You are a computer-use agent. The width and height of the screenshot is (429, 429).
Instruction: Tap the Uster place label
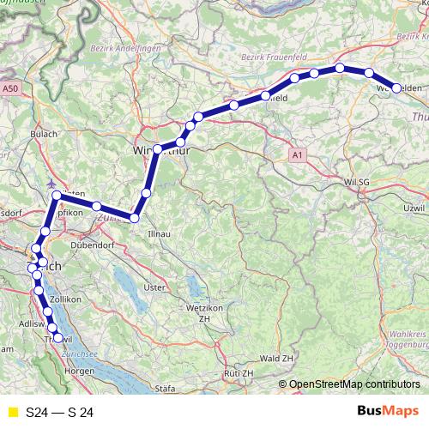coord(154,287)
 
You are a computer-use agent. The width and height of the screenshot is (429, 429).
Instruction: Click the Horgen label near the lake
coord(78,371)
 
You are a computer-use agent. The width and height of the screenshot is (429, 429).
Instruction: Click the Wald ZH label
coord(277,357)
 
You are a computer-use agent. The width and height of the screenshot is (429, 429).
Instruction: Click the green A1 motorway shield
coord(297,154)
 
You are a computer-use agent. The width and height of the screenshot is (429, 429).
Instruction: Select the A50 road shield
coord(10,88)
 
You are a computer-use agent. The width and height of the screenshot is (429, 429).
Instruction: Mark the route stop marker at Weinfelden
coord(396,87)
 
